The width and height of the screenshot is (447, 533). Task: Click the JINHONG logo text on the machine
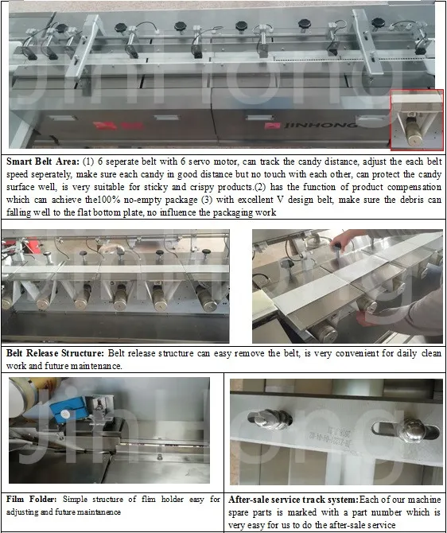point(321,126)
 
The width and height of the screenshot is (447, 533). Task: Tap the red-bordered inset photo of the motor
point(417,120)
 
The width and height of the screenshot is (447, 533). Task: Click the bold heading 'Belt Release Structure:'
point(55,353)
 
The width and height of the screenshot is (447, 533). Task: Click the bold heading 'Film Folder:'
point(31,500)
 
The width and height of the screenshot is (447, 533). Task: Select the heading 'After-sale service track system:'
point(293,500)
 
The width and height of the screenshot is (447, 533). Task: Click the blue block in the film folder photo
point(68,410)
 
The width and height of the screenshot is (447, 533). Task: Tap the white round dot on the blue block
point(64,414)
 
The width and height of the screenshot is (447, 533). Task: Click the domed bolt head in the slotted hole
point(412,430)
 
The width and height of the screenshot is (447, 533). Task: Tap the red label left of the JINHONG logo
point(272,126)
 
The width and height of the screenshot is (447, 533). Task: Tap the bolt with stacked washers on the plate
point(270,420)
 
